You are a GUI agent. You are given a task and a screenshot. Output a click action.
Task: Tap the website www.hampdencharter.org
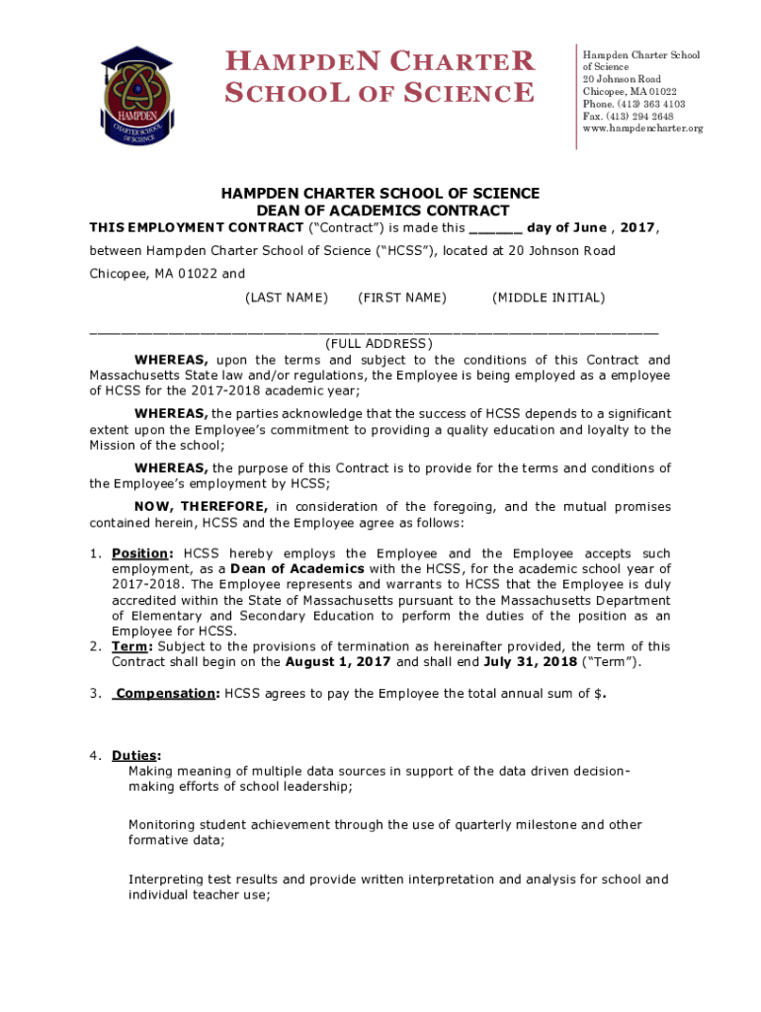coord(642,128)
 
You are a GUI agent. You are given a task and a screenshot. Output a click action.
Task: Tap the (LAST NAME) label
coord(287,297)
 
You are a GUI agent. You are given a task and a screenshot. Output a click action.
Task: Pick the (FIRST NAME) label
coord(402,297)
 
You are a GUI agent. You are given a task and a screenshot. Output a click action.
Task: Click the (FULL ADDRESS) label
coord(380,344)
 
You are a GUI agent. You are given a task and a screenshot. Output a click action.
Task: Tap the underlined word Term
coord(131,646)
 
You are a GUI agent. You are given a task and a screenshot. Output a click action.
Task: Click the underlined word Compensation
coord(165,694)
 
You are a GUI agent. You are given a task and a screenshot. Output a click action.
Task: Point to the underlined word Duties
coord(134,756)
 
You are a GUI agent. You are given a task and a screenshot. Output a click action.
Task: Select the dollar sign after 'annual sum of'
coord(597,694)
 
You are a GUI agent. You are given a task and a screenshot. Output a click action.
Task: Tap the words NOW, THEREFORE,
coord(201,507)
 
